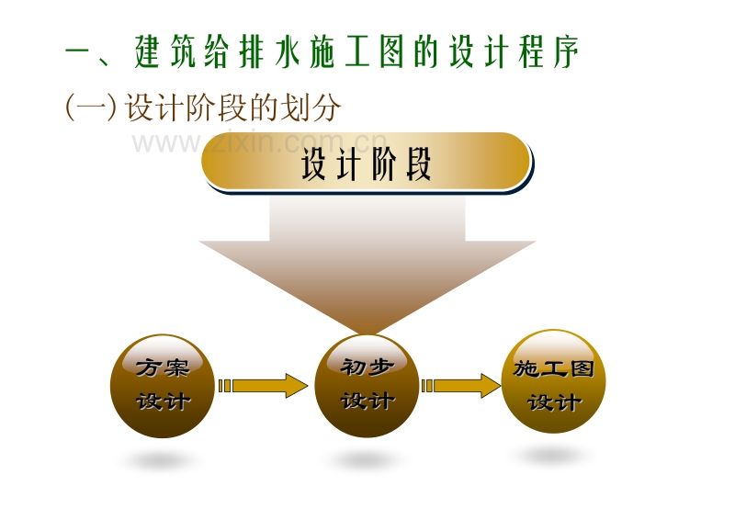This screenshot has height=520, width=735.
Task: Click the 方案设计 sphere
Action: click(163, 386)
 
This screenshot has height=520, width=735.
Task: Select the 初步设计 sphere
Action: click(367, 386)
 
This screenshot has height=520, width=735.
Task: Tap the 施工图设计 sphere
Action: click(554, 381)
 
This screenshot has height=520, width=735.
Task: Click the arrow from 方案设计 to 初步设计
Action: click(264, 386)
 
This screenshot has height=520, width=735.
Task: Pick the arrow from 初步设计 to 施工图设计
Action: click(461, 386)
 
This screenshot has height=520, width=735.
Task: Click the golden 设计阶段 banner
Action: click(367, 163)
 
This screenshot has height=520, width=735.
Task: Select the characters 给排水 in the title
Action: click(252, 51)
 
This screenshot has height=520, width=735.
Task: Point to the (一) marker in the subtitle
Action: click(90, 107)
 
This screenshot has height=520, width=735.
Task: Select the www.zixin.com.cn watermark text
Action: click(260, 142)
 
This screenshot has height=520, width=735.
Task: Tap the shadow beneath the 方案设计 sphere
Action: click(160, 458)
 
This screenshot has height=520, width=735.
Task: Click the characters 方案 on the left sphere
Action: click(163, 367)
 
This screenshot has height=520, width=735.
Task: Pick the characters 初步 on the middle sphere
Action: click(367, 367)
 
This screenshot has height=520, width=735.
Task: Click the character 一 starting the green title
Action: click(80, 51)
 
